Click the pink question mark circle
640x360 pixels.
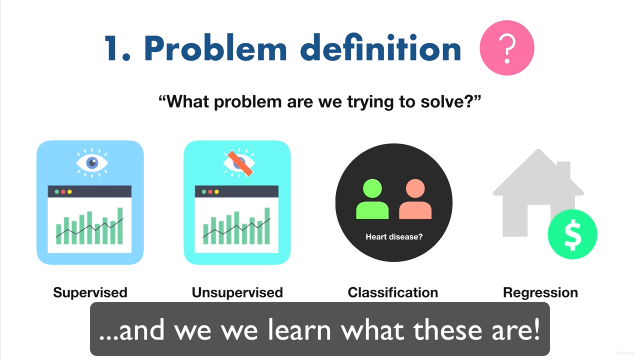[x=507, y=47]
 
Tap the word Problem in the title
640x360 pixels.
[x=215, y=47]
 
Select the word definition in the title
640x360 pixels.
[x=380, y=47]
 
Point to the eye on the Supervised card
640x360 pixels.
[x=92, y=163]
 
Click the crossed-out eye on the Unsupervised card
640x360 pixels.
[x=239, y=163]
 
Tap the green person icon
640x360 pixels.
[x=372, y=199]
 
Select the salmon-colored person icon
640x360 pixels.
[x=415, y=199]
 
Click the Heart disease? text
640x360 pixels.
[x=394, y=237]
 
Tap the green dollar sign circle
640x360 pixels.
[x=572, y=234]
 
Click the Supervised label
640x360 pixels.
[x=90, y=293]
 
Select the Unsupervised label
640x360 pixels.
[x=237, y=293]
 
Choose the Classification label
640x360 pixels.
[x=393, y=292]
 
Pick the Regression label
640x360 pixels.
[x=540, y=293]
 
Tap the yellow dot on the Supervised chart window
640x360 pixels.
[x=69, y=191]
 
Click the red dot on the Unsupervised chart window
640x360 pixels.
[x=210, y=191]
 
